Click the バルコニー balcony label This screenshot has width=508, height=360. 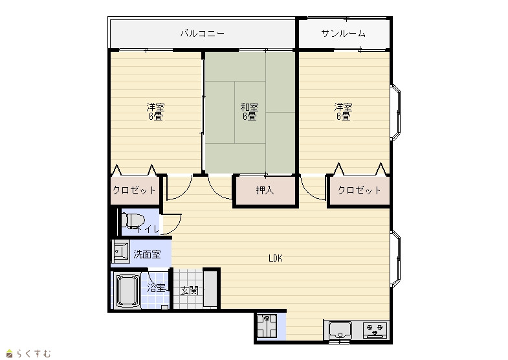pos(202,34)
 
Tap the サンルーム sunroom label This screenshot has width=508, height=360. pos(344,34)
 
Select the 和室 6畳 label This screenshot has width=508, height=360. pos(249,111)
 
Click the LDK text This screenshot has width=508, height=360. pos(276,258)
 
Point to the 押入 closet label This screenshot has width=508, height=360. pos(265,190)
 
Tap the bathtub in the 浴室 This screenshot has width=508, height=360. pos(127,290)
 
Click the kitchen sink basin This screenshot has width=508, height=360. pos(340,330)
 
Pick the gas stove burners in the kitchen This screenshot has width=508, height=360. pos(375,330)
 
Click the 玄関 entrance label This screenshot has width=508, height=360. pos(189,290)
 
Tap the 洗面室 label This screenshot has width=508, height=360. pos(147,254)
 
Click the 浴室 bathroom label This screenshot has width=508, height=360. pos(157,287)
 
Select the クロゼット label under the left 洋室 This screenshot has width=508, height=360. pos(134,190)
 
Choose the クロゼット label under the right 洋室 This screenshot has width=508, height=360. pos(359,190)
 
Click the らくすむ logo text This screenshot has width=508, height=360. pos(34,353)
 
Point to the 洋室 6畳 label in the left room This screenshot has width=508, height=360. pos(155,111)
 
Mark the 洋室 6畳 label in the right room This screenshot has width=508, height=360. pos(344,111)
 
